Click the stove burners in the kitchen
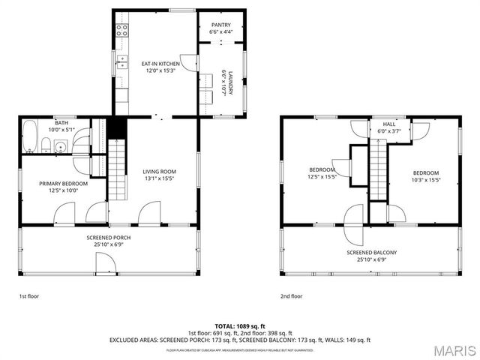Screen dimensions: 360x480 pos(121,31)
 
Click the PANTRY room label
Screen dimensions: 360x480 pos(220,25)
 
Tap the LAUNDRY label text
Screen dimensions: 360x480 pos(232,82)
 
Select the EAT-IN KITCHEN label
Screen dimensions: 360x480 pos(160,64)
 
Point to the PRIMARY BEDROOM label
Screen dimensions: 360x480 pos(64,184)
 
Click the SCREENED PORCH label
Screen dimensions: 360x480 pos(109,237)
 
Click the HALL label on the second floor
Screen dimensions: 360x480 pos(389,124)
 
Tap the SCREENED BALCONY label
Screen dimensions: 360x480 pos(371,252)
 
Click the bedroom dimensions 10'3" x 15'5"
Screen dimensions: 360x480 pos(424,179)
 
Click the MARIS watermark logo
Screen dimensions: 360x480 pos(453,349)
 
